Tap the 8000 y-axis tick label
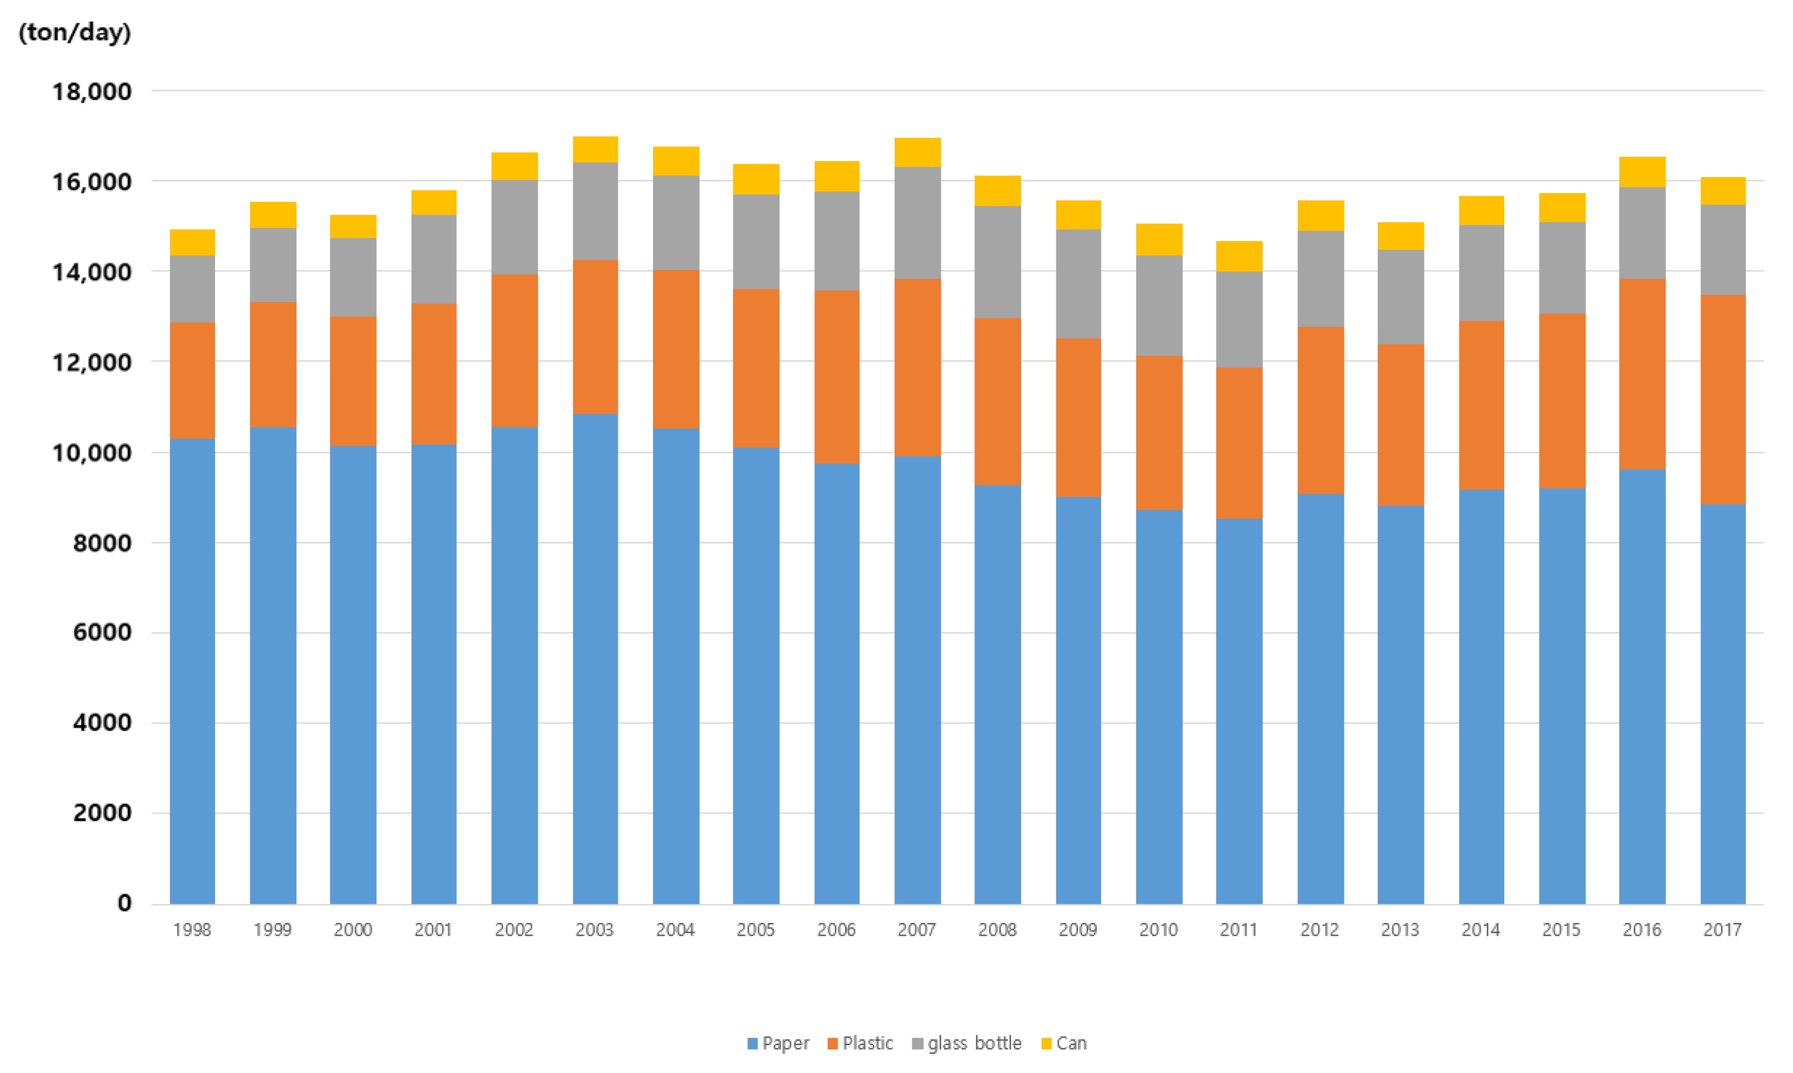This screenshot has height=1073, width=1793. pos(102,543)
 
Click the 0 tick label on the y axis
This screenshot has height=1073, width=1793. pos(125,903)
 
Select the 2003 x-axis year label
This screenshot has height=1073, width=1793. pos(594,930)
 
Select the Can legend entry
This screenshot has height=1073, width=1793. pos(1064,1043)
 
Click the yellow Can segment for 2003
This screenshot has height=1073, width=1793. pos(595,150)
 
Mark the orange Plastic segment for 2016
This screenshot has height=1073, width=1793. pos(1642,374)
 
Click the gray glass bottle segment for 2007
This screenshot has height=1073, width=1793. pos(917,223)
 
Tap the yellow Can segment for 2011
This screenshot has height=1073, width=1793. pos(1239,256)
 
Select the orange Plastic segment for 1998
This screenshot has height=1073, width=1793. pos(192,380)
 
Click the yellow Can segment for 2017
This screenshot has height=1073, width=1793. pos(1722,191)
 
